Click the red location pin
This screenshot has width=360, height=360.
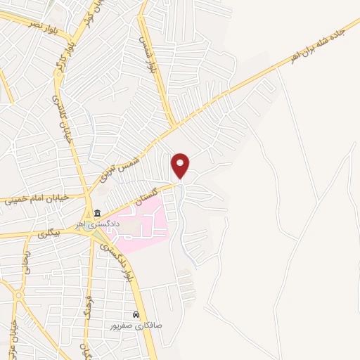181,165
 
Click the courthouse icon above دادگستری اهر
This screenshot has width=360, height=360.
97,214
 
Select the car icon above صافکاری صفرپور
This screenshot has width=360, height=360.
136,315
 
